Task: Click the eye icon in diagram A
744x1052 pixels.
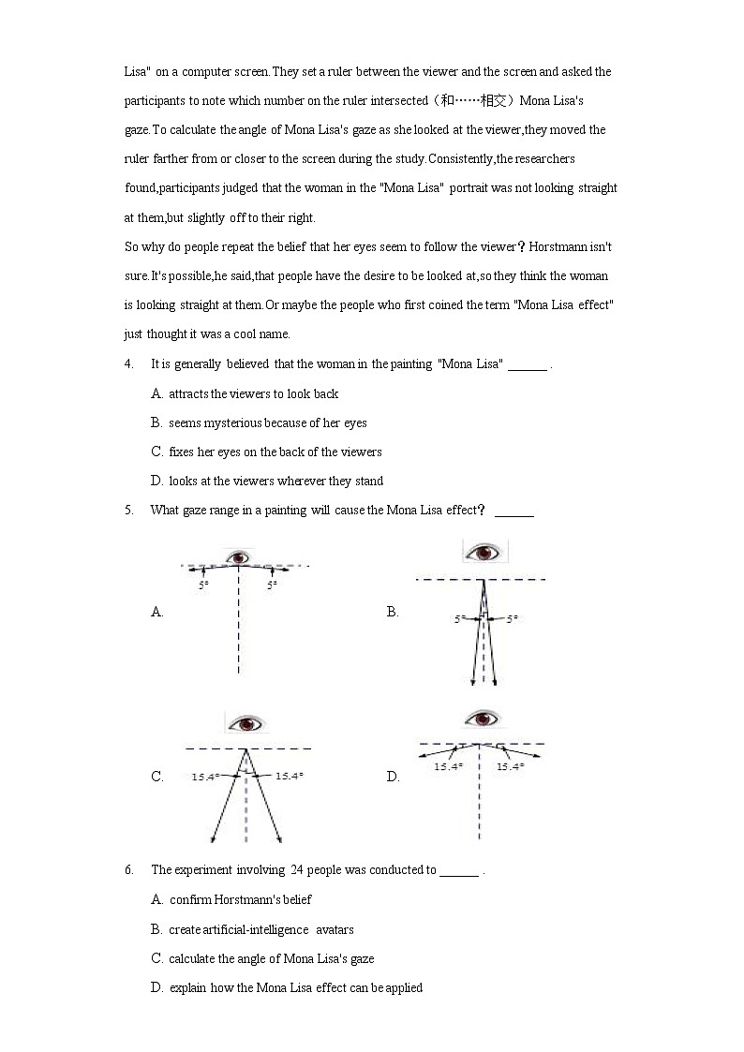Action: click(241, 558)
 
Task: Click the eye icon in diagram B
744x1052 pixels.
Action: click(485, 552)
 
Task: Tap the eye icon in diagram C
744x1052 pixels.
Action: click(246, 724)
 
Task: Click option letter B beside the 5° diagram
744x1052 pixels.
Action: click(392, 612)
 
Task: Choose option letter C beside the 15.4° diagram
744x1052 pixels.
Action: click(156, 776)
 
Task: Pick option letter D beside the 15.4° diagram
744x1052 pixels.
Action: click(392, 776)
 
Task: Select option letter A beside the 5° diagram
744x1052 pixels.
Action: click(156, 612)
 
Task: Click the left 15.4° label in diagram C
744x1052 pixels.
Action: click(205, 776)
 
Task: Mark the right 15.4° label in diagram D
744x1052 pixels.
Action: click(510, 766)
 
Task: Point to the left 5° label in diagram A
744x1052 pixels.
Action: click(202, 585)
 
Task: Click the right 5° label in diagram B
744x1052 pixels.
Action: click(512, 618)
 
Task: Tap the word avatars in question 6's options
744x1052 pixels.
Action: click(335, 929)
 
